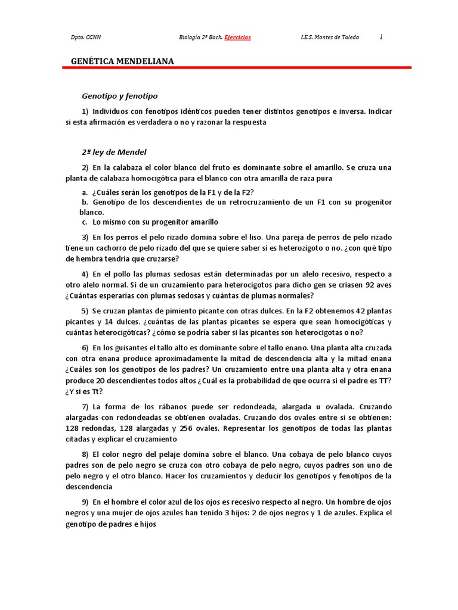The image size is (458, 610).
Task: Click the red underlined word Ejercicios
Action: tap(237, 38)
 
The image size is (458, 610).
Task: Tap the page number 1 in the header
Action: tap(381, 37)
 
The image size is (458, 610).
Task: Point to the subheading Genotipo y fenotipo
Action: tap(120, 95)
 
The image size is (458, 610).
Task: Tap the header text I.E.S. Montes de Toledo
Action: tap(329, 38)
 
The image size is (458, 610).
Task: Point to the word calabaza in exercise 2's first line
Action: tap(123, 167)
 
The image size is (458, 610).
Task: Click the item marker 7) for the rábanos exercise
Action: tap(85, 406)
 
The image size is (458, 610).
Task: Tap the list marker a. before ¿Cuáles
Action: tap(85, 192)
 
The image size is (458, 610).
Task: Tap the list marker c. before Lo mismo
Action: tap(85, 222)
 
